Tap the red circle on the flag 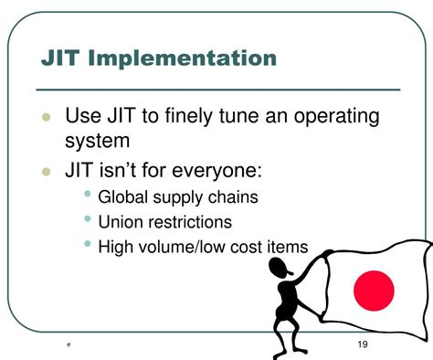click(373, 291)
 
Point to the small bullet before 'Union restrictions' click(88, 219)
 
